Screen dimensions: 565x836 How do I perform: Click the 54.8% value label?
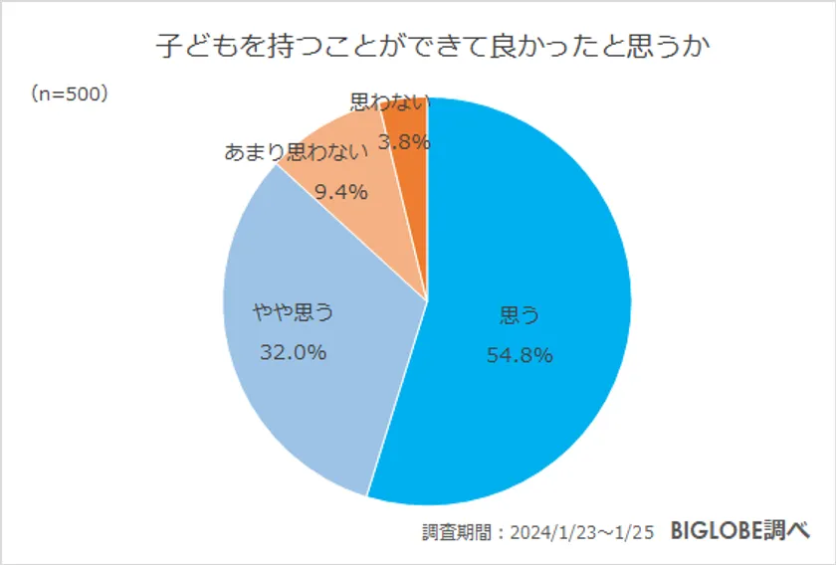tap(519, 354)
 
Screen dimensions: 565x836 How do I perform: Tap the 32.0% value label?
tap(293, 351)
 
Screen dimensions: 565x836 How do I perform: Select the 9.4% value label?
tap(341, 191)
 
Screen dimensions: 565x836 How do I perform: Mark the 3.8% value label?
tap(405, 142)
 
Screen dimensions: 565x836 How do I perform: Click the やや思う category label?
tap(293, 313)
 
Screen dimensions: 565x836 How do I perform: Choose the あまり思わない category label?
tap(298, 153)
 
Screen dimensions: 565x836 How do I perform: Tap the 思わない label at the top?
tap(390, 101)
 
